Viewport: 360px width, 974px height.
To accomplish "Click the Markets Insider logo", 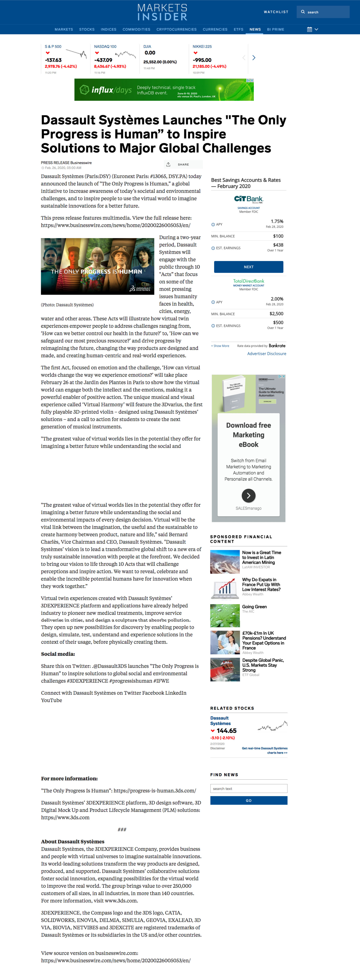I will (162, 12).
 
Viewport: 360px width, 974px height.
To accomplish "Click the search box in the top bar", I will (325, 12).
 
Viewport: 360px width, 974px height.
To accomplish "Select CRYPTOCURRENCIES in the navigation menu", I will (176, 30).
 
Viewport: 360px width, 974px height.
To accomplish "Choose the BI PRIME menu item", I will (275, 30).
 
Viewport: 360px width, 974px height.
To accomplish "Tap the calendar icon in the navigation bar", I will (309, 30).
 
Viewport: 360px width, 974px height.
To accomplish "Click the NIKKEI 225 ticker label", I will (202, 46).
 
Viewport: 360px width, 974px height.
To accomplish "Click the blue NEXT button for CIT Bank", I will (248, 267).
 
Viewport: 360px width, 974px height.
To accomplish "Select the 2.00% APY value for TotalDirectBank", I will (277, 299).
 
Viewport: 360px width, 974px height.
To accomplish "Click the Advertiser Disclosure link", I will (267, 354).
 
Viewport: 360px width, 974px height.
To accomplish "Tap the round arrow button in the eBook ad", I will (248, 495).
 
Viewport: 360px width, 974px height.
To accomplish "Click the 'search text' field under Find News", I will (248, 789).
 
